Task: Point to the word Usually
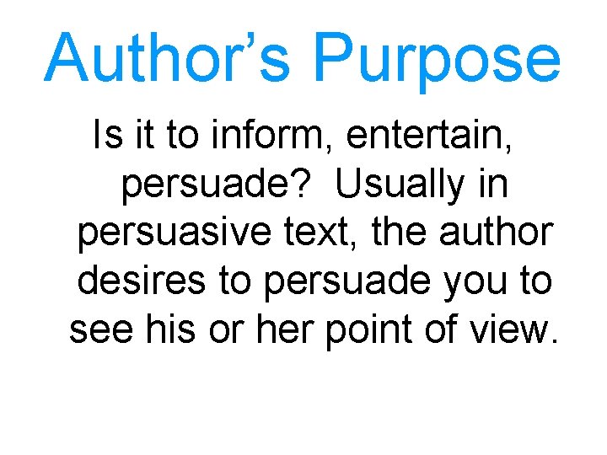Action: pyautogui.click(x=400, y=185)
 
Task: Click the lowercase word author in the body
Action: pyautogui.click(x=501, y=232)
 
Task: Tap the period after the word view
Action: pyautogui.click(x=552, y=341)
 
